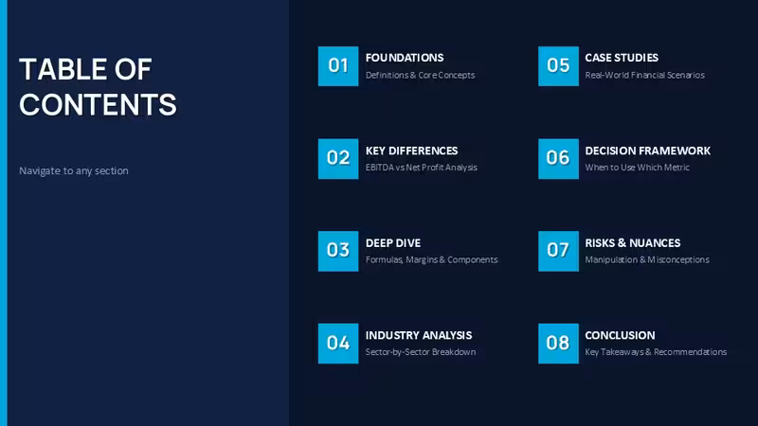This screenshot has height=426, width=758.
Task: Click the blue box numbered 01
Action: (x=338, y=66)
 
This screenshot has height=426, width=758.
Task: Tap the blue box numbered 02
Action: (x=338, y=159)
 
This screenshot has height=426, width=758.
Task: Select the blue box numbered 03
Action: (x=338, y=251)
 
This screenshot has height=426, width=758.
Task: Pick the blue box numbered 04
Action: (x=338, y=344)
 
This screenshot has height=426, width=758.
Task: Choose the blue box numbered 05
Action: (x=558, y=66)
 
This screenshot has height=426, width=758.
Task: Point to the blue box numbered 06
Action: (x=558, y=159)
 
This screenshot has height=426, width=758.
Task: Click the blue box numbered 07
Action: (x=558, y=251)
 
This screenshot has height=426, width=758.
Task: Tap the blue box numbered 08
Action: (x=558, y=344)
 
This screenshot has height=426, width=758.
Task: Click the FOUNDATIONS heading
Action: (x=405, y=58)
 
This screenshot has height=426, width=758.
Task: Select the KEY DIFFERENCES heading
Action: (x=411, y=151)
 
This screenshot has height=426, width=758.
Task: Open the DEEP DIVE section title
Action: (x=393, y=243)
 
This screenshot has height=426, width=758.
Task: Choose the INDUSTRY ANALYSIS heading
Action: (x=419, y=335)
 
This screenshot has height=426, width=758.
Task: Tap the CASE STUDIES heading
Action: (x=622, y=58)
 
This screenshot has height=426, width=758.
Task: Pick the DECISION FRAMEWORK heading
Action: (x=648, y=151)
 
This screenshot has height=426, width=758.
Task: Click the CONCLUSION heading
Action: (x=621, y=335)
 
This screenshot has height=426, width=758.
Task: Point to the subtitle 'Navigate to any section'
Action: (x=74, y=171)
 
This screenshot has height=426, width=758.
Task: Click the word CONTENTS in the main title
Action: (x=99, y=105)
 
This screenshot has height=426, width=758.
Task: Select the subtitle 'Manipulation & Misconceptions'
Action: (x=647, y=259)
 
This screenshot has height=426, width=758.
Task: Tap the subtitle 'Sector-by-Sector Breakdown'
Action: (x=421, y=352)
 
